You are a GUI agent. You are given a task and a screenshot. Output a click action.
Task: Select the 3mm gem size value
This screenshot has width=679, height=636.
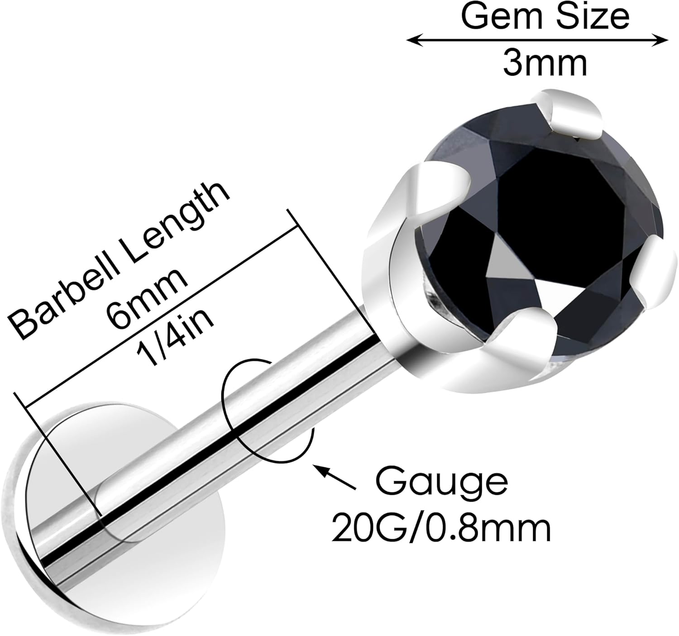tap(545, 64)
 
